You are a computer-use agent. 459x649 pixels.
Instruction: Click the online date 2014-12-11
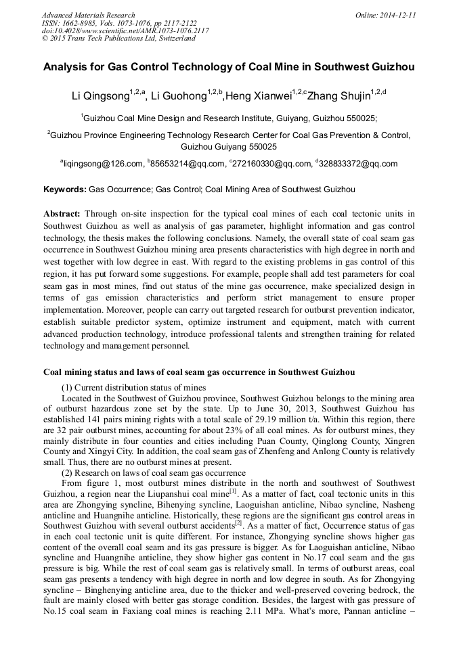397,15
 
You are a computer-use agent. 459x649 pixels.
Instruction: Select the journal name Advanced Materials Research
88,15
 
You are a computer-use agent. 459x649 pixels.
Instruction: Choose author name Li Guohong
178,95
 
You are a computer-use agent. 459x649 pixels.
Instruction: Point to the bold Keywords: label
65,189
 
